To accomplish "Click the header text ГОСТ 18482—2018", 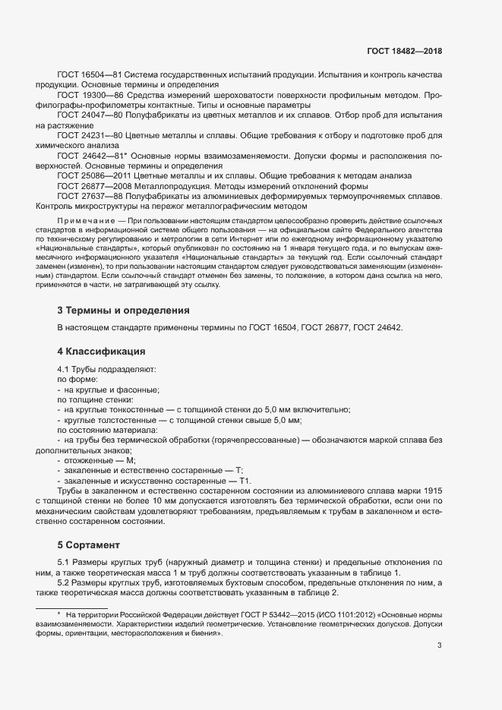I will coord(403,52).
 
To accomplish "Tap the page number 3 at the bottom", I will coord(440,646).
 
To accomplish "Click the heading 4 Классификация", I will coord(101,352).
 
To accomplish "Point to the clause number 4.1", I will coord(65,368).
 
